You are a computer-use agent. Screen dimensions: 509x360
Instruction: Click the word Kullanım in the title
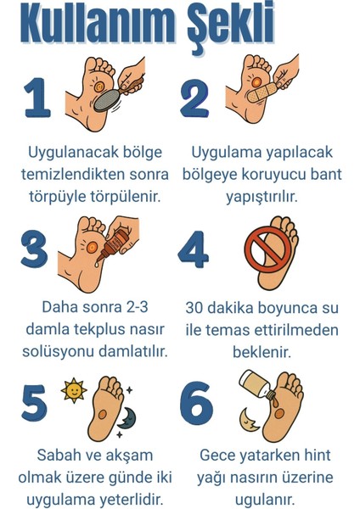tap(93, 27)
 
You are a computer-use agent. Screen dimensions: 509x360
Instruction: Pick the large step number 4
tap(194, 251)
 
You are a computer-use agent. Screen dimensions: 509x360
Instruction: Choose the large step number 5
tap(33, 402)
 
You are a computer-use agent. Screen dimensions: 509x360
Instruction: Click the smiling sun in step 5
tap(74, 391)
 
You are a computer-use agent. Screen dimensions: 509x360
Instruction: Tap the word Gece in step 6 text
tap(217, 456)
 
